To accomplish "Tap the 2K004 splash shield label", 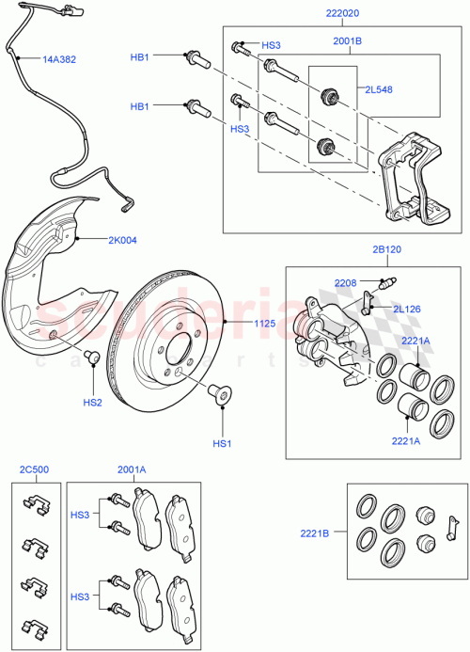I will (119, 241).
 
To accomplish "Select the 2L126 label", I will (407, 307).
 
